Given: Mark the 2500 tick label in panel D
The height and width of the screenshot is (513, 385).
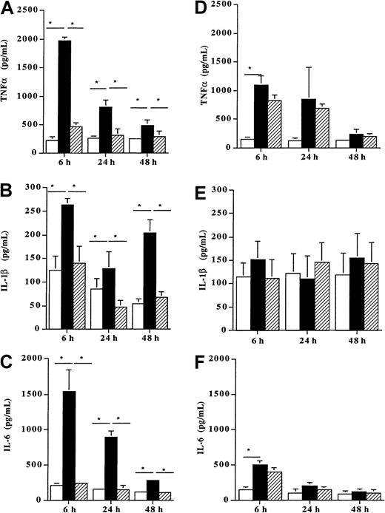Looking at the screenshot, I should click(x=227, y=5).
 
